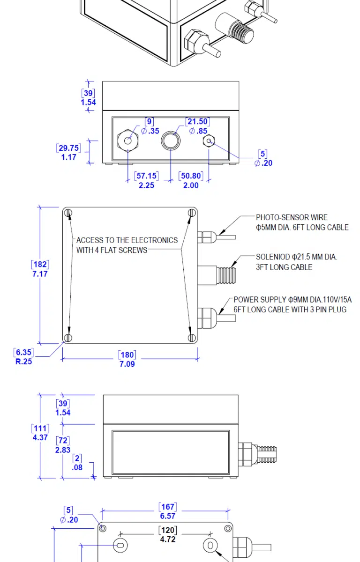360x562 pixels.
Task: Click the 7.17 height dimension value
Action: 40,274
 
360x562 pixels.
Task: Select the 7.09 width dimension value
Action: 127,364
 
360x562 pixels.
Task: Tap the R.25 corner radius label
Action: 24,361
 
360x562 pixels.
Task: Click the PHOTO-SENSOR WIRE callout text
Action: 292,217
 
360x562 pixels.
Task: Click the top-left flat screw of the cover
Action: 68,214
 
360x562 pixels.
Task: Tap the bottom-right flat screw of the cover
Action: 191,338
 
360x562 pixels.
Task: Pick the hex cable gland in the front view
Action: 127,140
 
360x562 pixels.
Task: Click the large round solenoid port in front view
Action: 170,140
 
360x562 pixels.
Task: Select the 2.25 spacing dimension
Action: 146,185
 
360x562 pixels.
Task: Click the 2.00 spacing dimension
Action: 190,185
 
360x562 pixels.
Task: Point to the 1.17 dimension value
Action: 68,157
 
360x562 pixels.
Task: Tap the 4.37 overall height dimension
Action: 40,437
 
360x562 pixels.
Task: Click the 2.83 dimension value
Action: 63,450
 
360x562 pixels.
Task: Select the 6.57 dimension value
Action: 167,516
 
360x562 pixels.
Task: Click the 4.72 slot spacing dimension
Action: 167,540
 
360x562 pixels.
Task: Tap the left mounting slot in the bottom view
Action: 120,545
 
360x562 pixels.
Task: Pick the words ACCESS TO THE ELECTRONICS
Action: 127,240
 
